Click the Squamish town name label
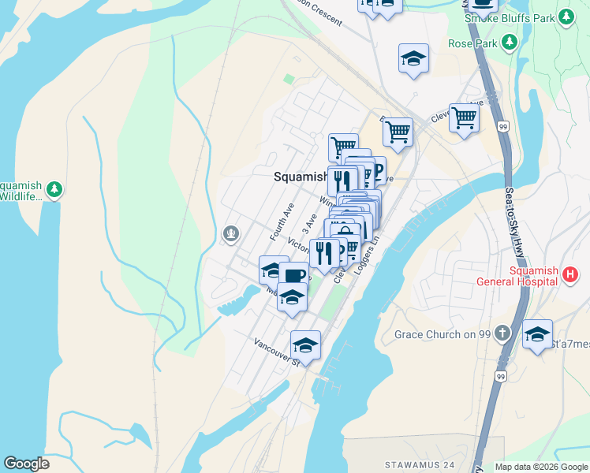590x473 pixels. point(299,177)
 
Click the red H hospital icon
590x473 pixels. point(571,275)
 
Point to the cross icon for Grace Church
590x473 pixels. point(505,334)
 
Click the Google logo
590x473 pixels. point(27,464)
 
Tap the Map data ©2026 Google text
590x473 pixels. point(541,467)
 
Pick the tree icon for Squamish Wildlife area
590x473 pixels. point(54,188)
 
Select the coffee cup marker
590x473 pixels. point(293,276)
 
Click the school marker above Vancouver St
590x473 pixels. point(305,345)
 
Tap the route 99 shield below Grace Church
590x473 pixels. point(500,377)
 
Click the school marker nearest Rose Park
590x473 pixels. point(413,59)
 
